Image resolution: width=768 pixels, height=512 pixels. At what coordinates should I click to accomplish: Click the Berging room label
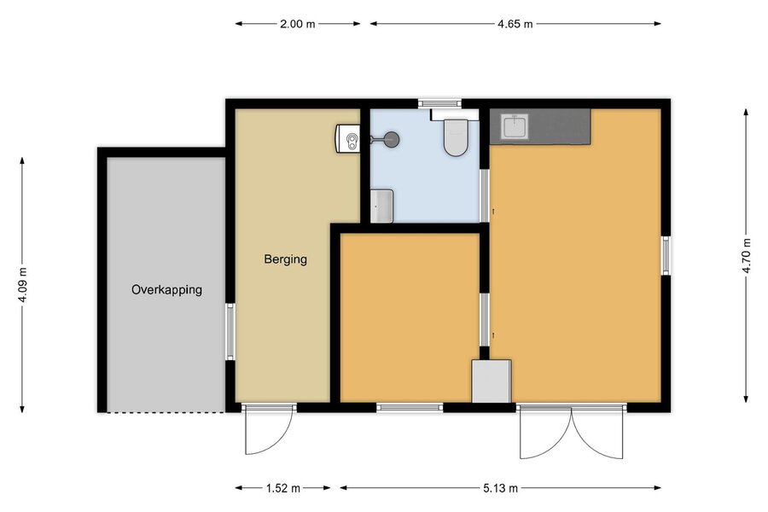click(x=286, y=259)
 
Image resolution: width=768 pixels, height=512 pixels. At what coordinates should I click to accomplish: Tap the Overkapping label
click(x=166, y=289)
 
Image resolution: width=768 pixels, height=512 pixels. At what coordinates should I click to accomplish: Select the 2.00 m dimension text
click(x=297, y=24)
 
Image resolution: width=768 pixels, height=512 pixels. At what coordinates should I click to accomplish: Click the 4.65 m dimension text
click(x=515, y=24)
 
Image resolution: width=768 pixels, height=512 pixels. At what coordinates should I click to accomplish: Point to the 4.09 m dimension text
click(x=22, y=285)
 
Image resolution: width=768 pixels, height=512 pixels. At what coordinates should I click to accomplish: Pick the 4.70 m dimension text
click(x=746, y=256)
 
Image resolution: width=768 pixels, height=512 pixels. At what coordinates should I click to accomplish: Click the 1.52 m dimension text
click(x=283, y=488)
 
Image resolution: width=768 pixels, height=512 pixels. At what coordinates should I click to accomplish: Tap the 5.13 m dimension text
click(x=500, y=488)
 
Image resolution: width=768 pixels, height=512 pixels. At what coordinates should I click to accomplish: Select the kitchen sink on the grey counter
click(x=514, y=126)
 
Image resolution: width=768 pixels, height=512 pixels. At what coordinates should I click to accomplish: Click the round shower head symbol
click(x=392, y=140)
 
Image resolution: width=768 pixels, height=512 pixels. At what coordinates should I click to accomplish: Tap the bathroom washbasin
click(x=381, y=206)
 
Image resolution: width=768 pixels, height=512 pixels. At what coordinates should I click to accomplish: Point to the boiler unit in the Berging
click(x=348, y=138)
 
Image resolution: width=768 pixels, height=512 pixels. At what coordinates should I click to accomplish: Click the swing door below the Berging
click(x=269, y=429)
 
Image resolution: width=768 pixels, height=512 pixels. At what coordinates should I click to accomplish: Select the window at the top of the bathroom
click(x=439, y=103)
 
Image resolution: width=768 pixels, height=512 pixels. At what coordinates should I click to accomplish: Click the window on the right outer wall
click(x=666, y=255)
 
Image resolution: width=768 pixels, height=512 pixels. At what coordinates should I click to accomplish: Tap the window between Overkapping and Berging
click(x=230, y=331)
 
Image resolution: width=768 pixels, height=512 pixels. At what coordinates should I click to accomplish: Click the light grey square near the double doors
click(x=492, y=381)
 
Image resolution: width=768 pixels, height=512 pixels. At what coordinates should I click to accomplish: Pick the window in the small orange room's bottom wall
click(x=410, y=407)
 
